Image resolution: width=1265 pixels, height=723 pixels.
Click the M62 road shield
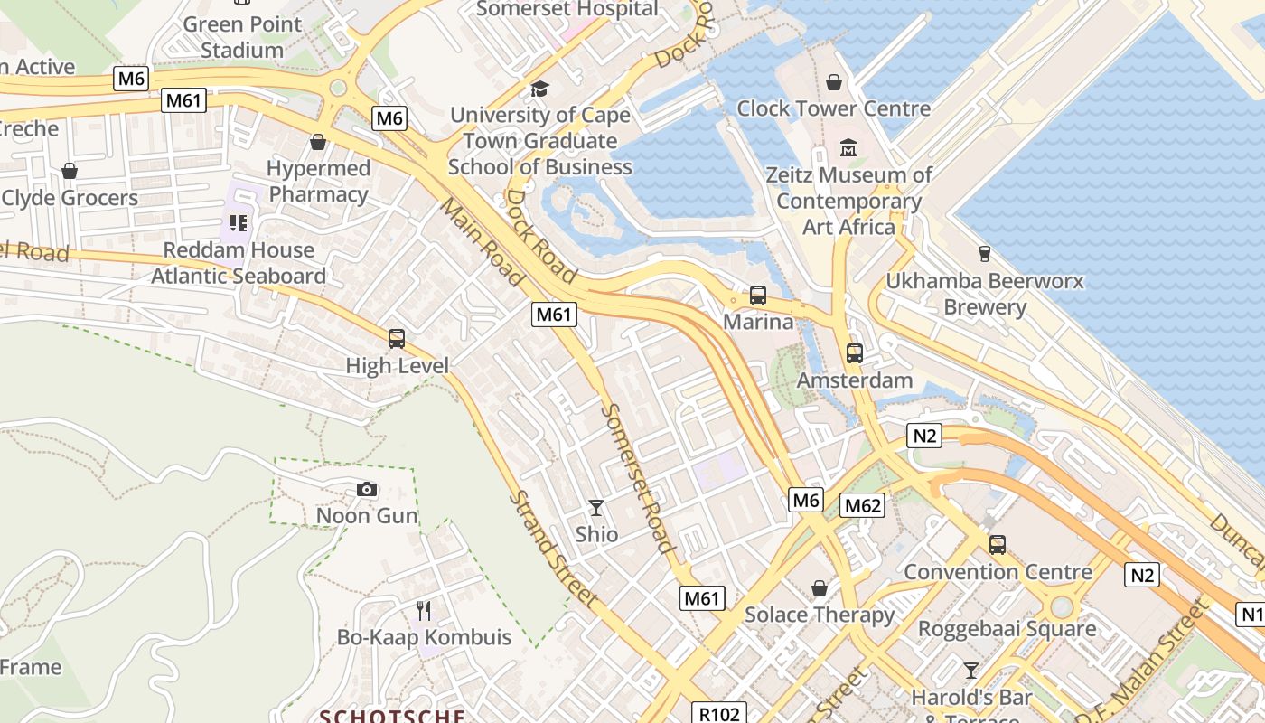pos(862,505)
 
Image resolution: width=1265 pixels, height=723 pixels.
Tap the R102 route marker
pos(719,714)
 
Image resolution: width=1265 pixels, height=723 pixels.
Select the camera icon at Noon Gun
pos(367,489)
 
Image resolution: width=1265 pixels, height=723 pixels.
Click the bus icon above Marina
pos(758,295)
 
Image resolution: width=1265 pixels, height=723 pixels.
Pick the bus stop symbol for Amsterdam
pos(855,353)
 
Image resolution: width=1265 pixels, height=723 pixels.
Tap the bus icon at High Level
pos(397,339)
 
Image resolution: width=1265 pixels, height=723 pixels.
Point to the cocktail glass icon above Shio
pos(596,507)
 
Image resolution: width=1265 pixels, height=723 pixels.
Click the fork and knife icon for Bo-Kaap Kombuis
pos(423,610)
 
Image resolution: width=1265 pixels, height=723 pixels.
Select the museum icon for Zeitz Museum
pos(848,147)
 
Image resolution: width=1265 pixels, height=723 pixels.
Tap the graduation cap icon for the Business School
pos(539,89)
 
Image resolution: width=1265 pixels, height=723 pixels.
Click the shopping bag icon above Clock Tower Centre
pos(833,82)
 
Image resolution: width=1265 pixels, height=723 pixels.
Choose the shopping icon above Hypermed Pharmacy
pos(317,142)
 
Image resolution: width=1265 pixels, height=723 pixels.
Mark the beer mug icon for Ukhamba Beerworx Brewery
pos(984,254)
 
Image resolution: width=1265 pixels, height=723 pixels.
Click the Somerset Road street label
pos(638,477)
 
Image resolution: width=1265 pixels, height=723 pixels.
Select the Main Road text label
pos(482,241)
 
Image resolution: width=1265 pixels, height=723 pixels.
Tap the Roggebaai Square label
pos(1007,628)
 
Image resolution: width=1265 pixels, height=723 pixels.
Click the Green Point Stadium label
pos(242,36)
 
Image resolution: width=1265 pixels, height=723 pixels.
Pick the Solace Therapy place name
pos(820,615)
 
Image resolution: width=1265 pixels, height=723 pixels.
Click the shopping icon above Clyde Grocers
pos(70,171)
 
